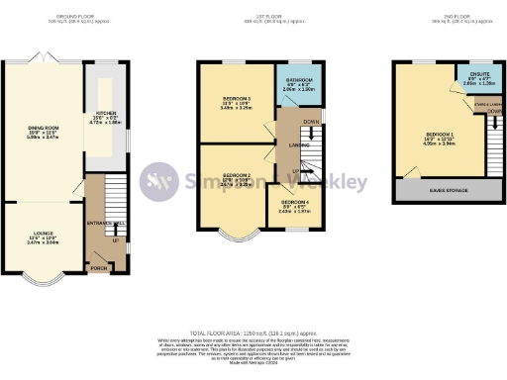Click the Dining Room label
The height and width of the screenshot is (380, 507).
point(43,129)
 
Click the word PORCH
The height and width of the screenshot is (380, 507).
point(98,268)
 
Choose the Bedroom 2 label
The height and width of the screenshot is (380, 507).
point(234,179)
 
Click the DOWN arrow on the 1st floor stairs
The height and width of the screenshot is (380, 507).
point(313,122)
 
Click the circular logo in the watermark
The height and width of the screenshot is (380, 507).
point(158,181)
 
